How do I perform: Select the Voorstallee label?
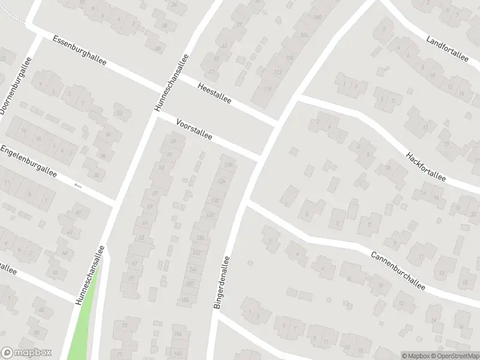point(194,129)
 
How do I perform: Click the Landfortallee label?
point(447,49)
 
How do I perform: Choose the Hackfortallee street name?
point(427,166)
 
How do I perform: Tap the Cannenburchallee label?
point(398,270)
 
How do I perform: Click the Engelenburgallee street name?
point(28,161)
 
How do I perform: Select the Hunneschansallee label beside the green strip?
point(90,275)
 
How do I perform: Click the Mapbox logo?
point(26,353)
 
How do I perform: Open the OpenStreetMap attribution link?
point(454,356)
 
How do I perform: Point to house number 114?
point(267,89)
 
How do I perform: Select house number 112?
point(277,73)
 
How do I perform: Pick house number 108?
point(289,58)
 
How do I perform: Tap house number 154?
point(185,299)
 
